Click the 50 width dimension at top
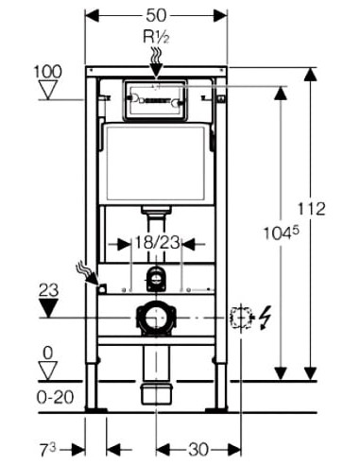click(156, 15)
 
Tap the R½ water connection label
click(157, 37)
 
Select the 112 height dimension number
click(312, 209)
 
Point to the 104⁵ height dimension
click(281, 233)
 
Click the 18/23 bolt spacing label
click(157, 243)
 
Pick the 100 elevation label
click(48, 72)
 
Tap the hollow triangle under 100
click(48, 90)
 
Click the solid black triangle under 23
click(48, 308)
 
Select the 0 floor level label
click(48, 353)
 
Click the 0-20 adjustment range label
click(56, 397)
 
